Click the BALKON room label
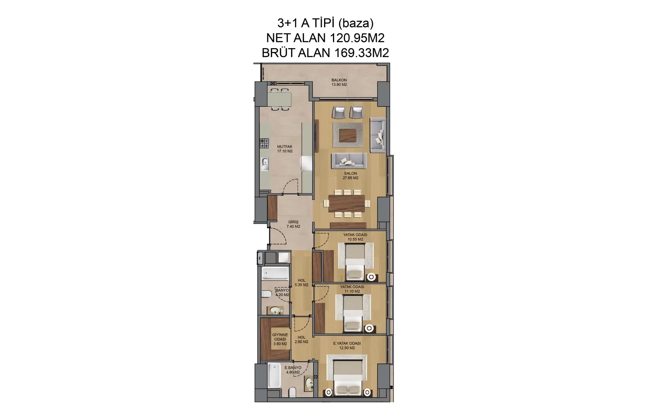pyautogui.click(x=339, y=80)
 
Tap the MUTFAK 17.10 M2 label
pyautogui.click(x=285, y=149)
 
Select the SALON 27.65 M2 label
pyautogui.click(x=350, y=175)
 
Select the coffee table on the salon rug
pyautogui.click(x=348, y=135)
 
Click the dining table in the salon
pyautogui.click(x=347, y=203)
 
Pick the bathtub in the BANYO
pyautogui.click(x=275, y=274)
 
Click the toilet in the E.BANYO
pyautogui.click(x=292, y=392)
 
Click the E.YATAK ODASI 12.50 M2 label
pyautogui.click(x=347, y=345)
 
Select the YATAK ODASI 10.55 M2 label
pyautogui.click(x=355, y=237)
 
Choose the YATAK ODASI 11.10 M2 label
pyautogui.click(x=352, y=289)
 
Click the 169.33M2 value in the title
pyautogui.click(x=362, y=53)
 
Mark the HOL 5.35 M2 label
pyautogui.click(x=302, y=282)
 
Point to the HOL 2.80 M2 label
pyautogui.click(x=302, y=339)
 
